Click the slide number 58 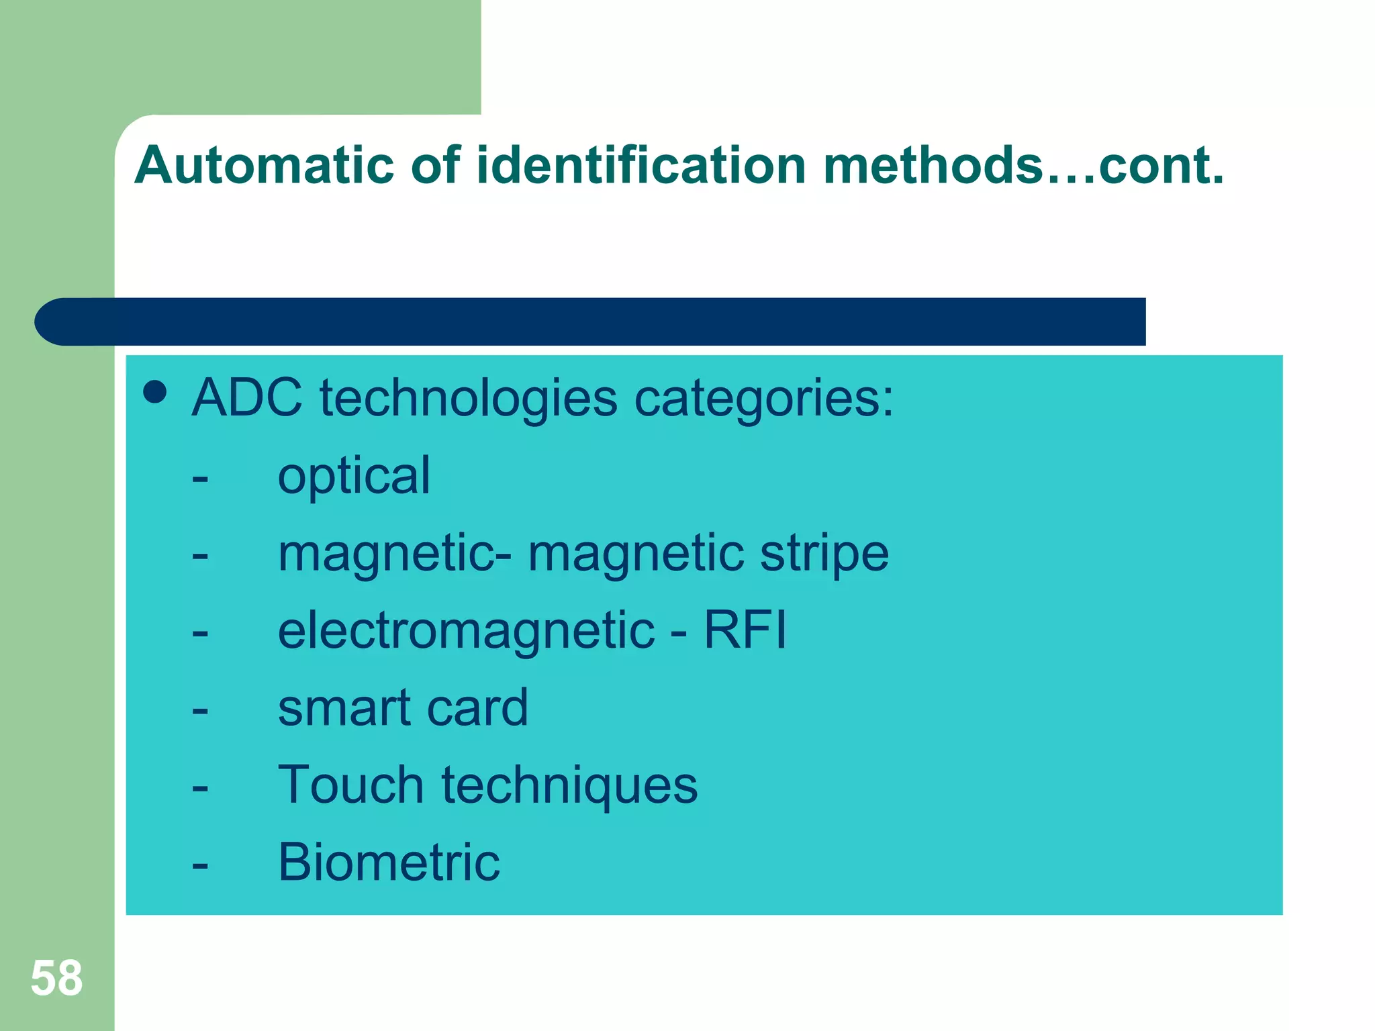tap(56, 978)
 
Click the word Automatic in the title tap(264, 165)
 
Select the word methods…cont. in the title tap(1023, 165)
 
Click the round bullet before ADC tap(155, 393)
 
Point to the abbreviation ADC tap(246, 397)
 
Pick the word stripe tap(824, 554)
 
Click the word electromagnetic tap(466, 631)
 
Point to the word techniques tap(569, 785)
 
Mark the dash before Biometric tap(199, 866)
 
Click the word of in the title tap(435, 165)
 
